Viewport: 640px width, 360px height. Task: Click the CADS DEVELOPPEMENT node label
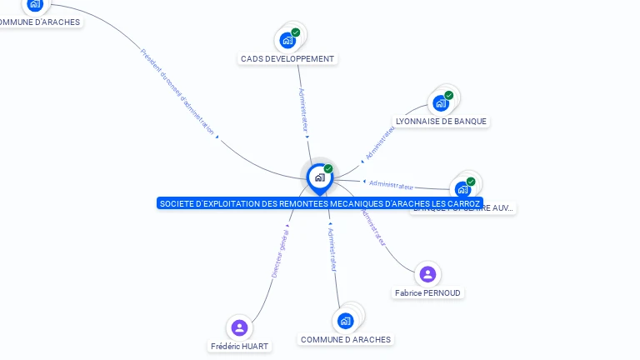(x=287, y=59)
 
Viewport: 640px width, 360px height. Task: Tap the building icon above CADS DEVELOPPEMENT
(x=287, y=39)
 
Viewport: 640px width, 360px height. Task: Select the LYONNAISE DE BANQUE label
(x=441, y=121)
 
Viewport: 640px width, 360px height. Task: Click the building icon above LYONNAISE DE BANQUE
(x=440, y=103)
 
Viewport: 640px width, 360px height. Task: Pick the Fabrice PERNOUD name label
(x=427, y=293)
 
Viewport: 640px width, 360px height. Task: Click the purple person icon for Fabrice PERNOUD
(x=427, y=273)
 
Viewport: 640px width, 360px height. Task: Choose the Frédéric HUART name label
(x=240, y=346)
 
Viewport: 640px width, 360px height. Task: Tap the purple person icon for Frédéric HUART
(x=240, y=327)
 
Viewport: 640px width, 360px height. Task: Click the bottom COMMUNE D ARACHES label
(x=345, y=340)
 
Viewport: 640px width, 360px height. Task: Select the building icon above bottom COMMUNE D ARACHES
(x=345, y=320)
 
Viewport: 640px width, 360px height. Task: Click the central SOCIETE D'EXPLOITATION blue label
(x=320, y=203)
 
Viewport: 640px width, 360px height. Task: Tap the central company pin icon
(x=319, y=177)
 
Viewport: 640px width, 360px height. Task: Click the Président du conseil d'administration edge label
(x=177, y=91)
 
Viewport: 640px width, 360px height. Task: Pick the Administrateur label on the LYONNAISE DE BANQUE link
(x=380, y=142)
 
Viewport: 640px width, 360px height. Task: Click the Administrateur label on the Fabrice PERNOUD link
(x=373, y=226)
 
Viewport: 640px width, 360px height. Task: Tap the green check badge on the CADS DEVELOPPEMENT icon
(x=295, y=32)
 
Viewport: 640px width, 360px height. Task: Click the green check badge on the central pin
(x=328, y=168)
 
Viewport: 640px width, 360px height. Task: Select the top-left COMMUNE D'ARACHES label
(x=40, y=22)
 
